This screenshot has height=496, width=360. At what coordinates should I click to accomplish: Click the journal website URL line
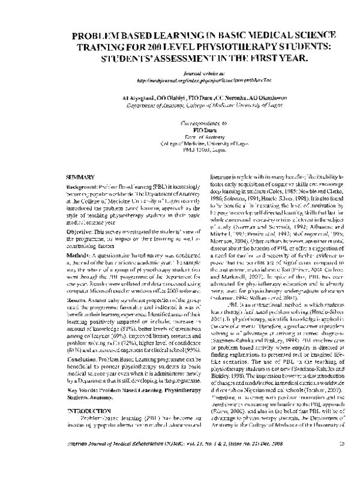[x=180, y=79]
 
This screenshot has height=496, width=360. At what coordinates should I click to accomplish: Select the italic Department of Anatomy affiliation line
[x=180, y=103]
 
